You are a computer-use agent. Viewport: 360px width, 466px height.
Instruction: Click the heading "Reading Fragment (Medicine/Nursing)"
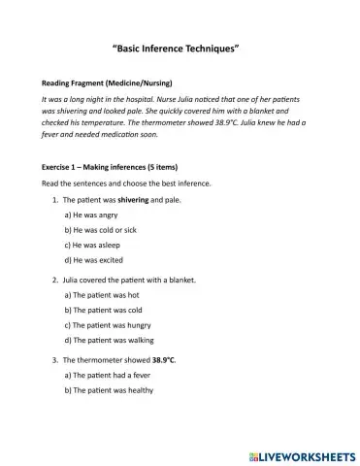click(101, 84)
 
